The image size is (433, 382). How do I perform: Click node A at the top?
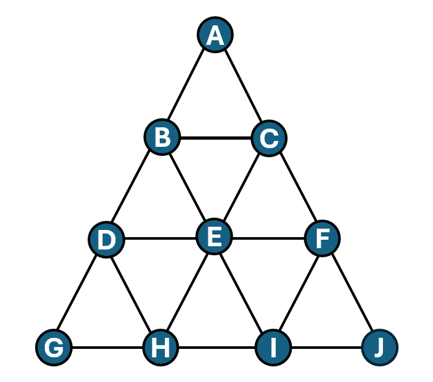pos(215,35)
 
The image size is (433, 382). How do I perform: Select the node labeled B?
pos(162,137)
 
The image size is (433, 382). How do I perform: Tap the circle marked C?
pos(269,138)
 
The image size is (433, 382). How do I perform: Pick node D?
pos(106,239)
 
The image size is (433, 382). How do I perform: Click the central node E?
pos(214,236)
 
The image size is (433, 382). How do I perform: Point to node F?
pos(322,238)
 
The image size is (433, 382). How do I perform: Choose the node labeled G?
pos(54,348)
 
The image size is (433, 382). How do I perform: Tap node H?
pos(160,348)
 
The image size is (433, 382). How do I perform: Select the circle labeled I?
pos(273,348)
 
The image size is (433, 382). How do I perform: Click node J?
pos(380,348)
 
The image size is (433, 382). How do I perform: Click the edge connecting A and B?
pos(186,84)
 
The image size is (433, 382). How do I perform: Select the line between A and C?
pos(243,85)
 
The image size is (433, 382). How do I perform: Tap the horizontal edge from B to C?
pos(216,138)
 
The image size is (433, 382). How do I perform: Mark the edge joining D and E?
pos(160,238)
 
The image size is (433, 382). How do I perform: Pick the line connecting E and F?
pos(268,238)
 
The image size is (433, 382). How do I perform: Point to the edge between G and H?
pos(107,348)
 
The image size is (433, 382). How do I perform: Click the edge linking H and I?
pos(217,348)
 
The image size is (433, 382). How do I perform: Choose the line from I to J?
pos(327,348)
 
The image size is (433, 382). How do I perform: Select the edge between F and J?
pos(352,292)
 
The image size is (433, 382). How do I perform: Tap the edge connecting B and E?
pos(187,186)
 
